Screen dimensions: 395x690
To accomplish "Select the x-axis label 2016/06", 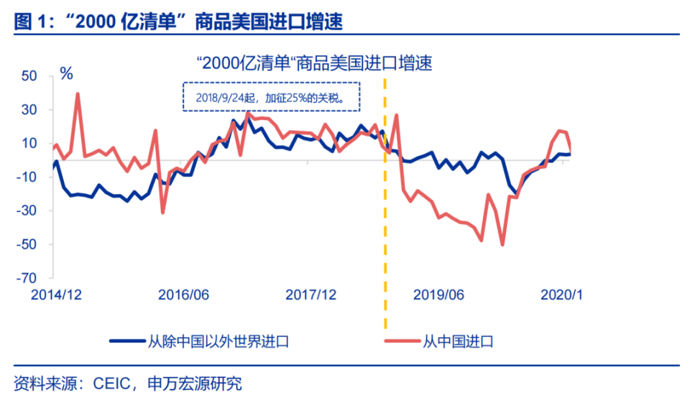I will [183, 294].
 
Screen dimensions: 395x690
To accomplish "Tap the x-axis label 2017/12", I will [310, 294].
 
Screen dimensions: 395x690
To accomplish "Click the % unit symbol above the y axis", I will [66, 73].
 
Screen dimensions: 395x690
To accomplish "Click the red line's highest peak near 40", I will [78, 94].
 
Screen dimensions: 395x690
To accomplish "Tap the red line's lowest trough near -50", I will [502, 244].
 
